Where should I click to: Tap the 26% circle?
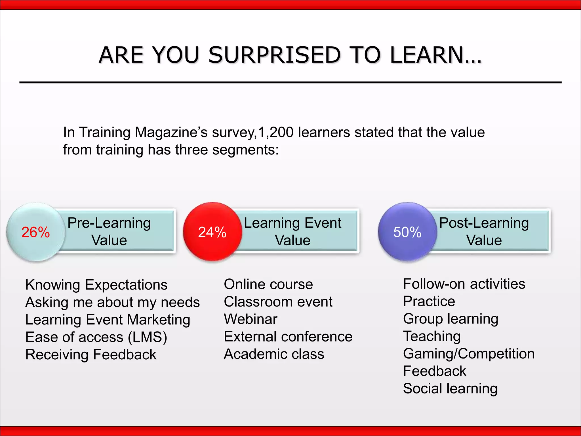[x=36, y=232]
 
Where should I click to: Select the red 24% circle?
[x=212, y=232]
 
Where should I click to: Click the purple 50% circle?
[x=407, y=232]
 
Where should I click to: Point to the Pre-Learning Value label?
[x=109, y=231]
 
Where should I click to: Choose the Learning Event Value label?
[x=292, y=231]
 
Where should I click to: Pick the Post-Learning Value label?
[x=484, y=231]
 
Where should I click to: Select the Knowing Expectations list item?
[x=96, y=285]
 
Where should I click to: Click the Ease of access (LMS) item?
[x=96, y=337]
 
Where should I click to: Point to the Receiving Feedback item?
[x=91, y=355]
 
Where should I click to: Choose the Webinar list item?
[x=250, y=319]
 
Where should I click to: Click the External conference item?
[x=288, y=337]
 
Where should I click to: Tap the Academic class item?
[x=274, y=354]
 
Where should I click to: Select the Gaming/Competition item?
[x=469, y=354]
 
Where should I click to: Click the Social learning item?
[x=450, y=389]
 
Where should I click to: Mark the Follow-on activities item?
[x=464, y=284]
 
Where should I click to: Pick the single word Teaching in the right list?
[x=432, y=336]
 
